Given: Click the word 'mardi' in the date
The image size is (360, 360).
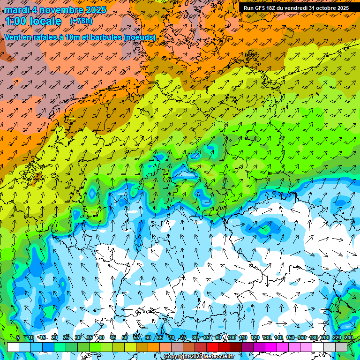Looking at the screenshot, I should pos(17,9).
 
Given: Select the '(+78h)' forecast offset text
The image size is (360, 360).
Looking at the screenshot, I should pos(81,21).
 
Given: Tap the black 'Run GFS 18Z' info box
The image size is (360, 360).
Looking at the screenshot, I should pos(296,8).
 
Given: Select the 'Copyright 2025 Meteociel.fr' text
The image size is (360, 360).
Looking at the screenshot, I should pos(199,357).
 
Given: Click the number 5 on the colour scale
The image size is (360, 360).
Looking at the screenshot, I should pos(18,337).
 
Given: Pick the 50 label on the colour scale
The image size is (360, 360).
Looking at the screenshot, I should pos(125,337).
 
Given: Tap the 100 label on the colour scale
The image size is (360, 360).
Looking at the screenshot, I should pos(232,337).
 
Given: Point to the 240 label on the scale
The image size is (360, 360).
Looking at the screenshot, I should pos(349,337).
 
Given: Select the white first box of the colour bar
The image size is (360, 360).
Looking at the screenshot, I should pos(13,347).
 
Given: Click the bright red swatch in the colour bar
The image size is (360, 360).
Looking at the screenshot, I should pos(212,347).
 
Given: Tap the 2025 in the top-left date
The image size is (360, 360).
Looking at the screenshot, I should pos(94,9).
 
